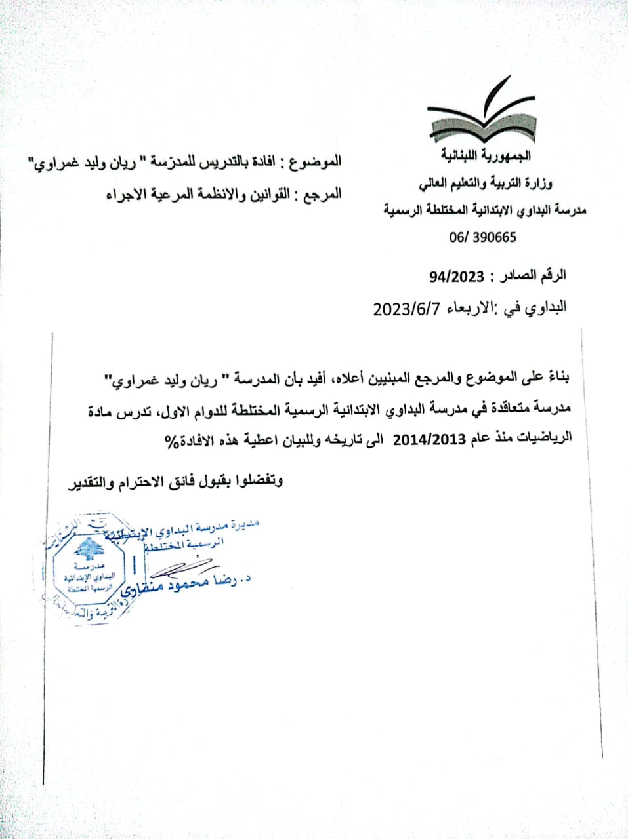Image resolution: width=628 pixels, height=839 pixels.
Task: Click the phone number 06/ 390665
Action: (482, 237)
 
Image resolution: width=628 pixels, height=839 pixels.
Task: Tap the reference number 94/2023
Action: (456, 277)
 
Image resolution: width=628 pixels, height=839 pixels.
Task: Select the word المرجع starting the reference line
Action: (325, 195)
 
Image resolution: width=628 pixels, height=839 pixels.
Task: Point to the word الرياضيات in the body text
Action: (545, 438)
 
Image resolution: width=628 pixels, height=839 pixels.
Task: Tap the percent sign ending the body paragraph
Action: (171, 440)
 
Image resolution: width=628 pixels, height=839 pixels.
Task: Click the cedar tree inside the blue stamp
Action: (87, 550)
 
